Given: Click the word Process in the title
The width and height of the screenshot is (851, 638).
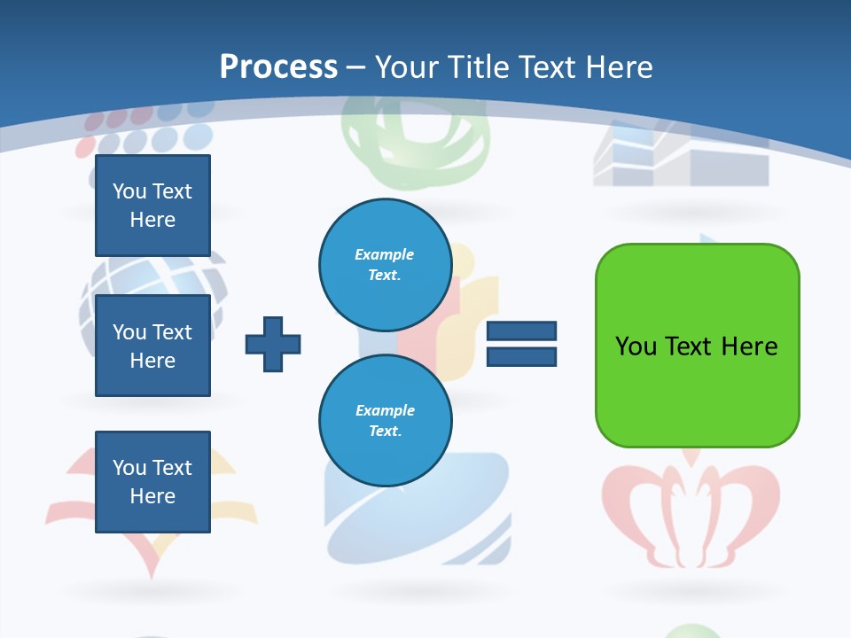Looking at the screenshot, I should click(x=278, y=67).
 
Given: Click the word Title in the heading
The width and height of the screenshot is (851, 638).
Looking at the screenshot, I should click(x=480, y=67).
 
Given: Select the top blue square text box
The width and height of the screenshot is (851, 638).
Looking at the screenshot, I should click(x=152, y=206).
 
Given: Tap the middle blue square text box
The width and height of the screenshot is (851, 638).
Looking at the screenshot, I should click(x=152, y=346).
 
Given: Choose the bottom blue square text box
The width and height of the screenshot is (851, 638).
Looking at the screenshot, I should click(x=152, y=481).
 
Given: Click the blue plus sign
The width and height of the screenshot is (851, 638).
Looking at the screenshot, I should click(x=273, y=344).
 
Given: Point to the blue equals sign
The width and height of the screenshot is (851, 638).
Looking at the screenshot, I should click(x=521, y=344).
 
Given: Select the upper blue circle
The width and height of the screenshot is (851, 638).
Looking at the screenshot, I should click(x=386, y=264).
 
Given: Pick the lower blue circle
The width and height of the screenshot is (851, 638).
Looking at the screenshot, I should click(x=386, y=420).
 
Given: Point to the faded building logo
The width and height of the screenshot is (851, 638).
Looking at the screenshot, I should click(x=681, y=159).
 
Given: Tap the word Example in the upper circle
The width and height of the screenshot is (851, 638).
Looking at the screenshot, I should click(x=384, y=254).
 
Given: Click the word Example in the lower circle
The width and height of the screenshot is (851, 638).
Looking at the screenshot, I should click(x=385, y=410).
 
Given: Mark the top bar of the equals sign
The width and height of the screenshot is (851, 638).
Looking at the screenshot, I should click(x=521, y=331).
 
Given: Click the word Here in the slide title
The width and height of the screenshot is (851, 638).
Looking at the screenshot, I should click(x=619, y=67).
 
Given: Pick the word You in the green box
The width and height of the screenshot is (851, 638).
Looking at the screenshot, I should click(x=636, y=346).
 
